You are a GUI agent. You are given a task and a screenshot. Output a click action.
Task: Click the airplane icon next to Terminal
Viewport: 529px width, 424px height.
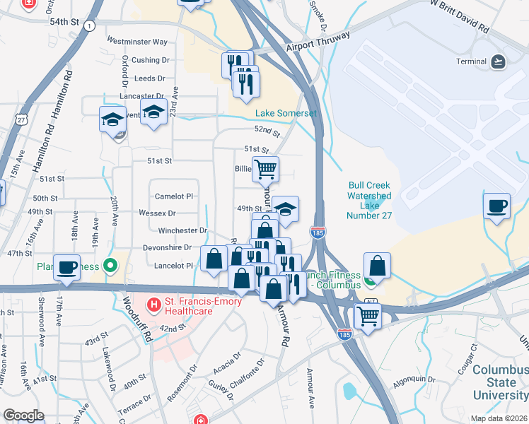pyautogui.click(x=498, y=61)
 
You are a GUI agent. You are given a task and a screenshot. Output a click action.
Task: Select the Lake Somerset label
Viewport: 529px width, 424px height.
pyautogui.click(x=285, y=113)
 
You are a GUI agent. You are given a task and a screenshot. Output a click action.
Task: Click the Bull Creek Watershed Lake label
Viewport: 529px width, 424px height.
pyautogui.click(x=369, y=200)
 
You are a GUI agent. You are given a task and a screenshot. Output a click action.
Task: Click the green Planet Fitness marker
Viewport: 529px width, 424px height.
pyautogui.click(x=110, y=266)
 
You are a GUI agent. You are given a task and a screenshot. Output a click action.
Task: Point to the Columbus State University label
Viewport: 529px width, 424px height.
pyautogui.click(x=499, y=382)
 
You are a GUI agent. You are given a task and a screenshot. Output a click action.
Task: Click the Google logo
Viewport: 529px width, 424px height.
pyautogui.click(x=23, y=416)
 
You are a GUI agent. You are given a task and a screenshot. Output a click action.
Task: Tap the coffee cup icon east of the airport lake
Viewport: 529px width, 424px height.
pyautogui.click(x=496, y=206)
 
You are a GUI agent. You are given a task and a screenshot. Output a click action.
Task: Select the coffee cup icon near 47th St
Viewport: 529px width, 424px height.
pyautogui.click(x=67, y=267)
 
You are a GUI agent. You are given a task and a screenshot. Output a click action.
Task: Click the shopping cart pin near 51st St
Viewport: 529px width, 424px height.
pyautogui.click(x=265, y=168)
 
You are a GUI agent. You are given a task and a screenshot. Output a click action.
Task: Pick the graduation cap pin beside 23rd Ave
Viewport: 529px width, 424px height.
pyautogui.click(x=153, y=112)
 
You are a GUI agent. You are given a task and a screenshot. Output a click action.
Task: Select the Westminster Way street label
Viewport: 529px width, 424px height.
pyautogui.click(x=137, y=42)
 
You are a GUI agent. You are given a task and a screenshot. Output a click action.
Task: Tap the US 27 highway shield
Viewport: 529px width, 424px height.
pyautogui.click(x=22, y=120)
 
